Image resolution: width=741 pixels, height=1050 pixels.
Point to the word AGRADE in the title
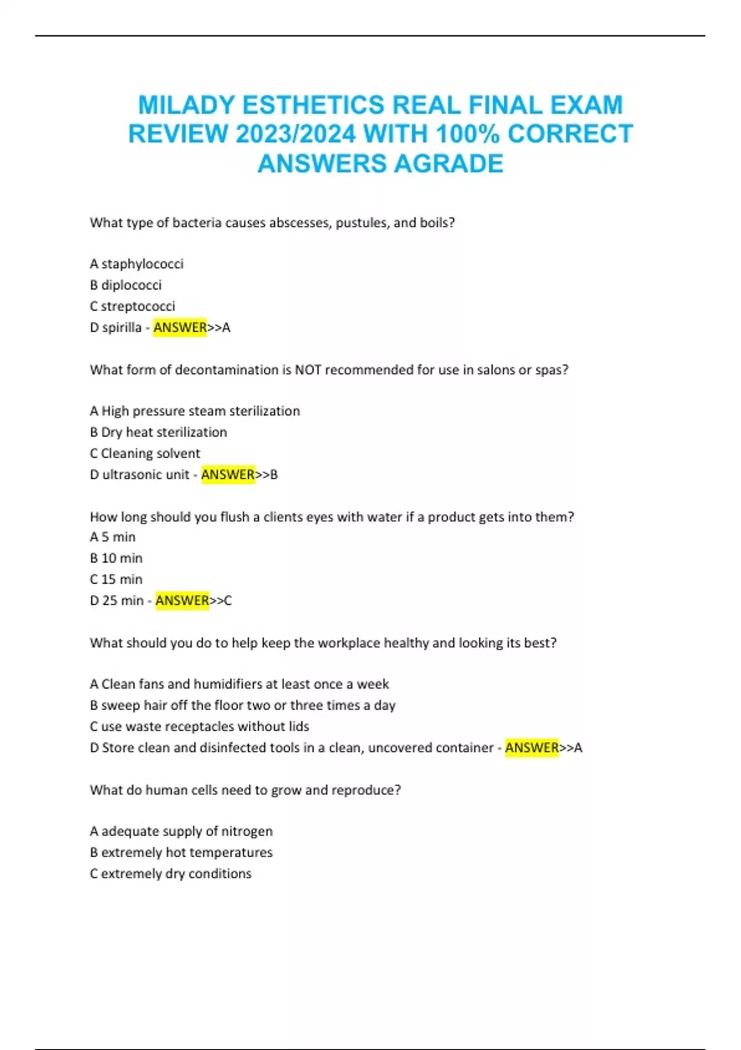pyautogui.click(x=448, y=164)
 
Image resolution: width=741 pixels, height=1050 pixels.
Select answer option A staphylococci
pyautogui.click(x=136, y=264)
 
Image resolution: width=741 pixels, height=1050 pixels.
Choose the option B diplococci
pyautogui.click(x=125, y=285)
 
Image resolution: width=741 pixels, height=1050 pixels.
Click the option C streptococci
pyautogui.click(x=132, y=306)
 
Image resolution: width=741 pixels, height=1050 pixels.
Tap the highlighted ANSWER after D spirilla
pyautogui.click(x=180, y=327)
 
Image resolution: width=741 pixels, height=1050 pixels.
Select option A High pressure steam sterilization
pyautogui.click(x=195, y=411)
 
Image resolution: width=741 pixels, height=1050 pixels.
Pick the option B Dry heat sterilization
pyautogui.click(x=158, y=432)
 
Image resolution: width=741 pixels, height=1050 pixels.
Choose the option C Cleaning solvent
pyautogui.click(x=144, y=453)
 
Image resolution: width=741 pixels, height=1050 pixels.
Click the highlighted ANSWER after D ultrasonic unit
pyautogui.click(x=228, y=474)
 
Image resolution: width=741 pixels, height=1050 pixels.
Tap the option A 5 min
pyautogui.click(x=112, y=537)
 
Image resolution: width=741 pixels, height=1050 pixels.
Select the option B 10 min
pyautogui.click(x=116, y=558)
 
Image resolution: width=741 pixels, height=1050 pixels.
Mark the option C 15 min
pyautogui.click(x=116, y=579)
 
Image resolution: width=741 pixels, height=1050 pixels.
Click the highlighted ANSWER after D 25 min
pyautogui.click(x=182, y=600)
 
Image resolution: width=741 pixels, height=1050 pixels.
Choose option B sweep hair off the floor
pyautogui.click(x=242, y=705)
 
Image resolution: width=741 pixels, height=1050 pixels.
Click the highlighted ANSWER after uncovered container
pyautogui.click(x=532, y=747)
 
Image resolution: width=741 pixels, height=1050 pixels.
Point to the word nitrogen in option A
pyautogui.click(x=247, y=831)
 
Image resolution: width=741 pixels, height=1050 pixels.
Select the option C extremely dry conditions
pyautogui.click(x=170, y=873)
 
